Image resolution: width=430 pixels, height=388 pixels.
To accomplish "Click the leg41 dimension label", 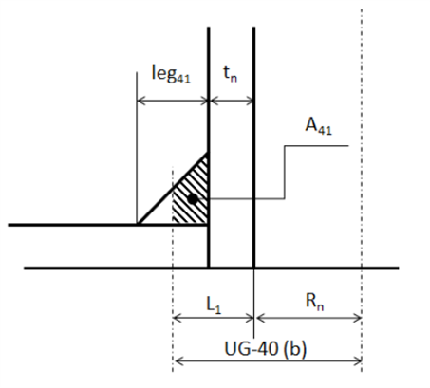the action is (x=171, y=74).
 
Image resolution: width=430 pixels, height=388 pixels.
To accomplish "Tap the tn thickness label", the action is (x=231, y=74).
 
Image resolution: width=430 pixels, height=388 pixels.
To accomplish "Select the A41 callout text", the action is (x=318, y=126).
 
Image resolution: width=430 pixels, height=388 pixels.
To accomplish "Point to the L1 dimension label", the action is (x=214, y=305).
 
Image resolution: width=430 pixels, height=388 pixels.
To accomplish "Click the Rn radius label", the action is (x=314, y=302).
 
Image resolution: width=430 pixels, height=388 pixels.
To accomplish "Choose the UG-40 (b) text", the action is (x=266, y=349).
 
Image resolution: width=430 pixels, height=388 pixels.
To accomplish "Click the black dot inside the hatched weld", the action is (x=193, y=199).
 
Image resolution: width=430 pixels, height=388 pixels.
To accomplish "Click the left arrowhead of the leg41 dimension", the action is (x=140, y=102).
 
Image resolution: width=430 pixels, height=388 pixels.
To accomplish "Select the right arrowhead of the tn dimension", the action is (x=251, y=102).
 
